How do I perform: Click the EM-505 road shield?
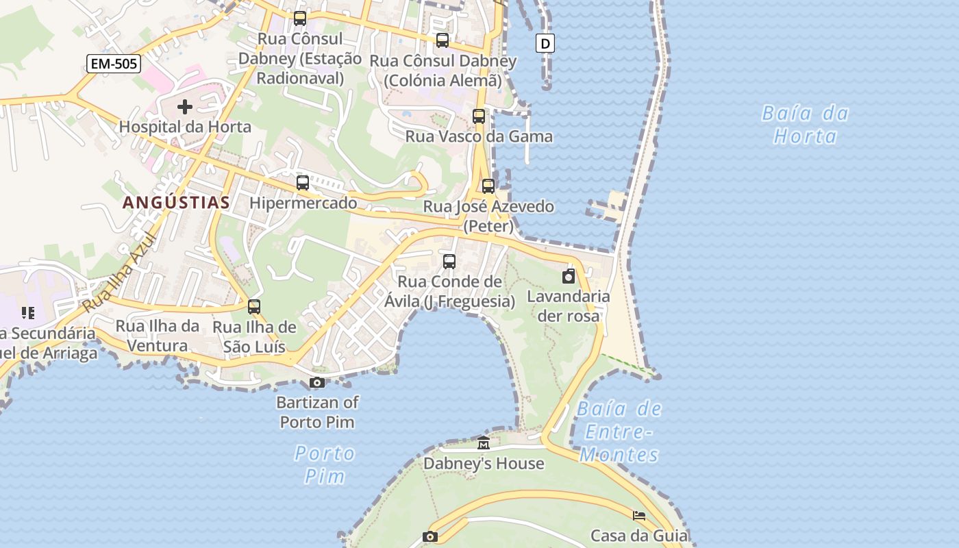(x=114, y=64)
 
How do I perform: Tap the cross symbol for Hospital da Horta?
(x=185, y=107)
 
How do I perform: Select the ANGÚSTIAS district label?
(x=176, y=202)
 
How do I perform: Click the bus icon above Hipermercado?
(x=303, y=183)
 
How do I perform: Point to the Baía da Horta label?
(x=806, y=124)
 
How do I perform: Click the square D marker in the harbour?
(x=545, y=44)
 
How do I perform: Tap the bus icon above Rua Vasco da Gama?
(x=479, y=116)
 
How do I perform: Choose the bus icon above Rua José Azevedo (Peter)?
(x=488, y=186)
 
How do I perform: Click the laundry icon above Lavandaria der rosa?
(x=569, y=276)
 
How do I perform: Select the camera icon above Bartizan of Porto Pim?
(x=316, y=382)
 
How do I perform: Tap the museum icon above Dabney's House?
(x=484, y=443)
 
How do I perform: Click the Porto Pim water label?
(x=325, y=464)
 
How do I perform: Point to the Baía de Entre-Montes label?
(x=619, y=432)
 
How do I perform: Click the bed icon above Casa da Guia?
(x=639, y=516)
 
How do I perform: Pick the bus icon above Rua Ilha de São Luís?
(x=254, y=307)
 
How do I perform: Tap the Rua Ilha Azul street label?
(x=119, y=273)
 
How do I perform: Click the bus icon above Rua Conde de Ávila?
(x=449, y=261)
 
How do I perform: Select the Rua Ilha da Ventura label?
(x=157, y=336)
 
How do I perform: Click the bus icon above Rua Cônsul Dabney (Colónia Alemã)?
(x=443, y=40)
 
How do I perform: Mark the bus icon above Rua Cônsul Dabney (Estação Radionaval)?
(x=300, y=18)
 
